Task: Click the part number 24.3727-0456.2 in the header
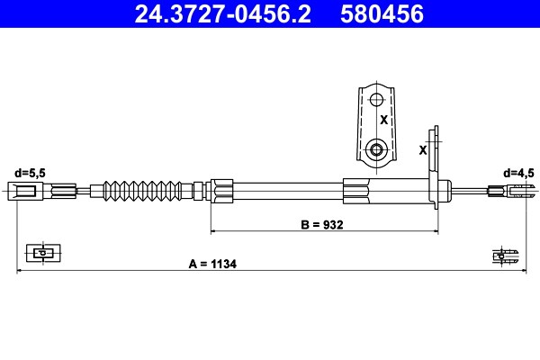[x=223, y=13]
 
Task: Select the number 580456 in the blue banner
[x=382, y=13]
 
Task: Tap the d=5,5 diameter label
[x=30, y=173]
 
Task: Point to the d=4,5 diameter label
[x=519, y=173]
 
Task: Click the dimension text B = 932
[x=322, y=225]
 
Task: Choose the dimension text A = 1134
[x=212, y=264]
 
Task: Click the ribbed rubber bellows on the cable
[x=142, y=191]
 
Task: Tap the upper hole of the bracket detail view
[x=377, y=100]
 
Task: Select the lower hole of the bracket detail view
[x=376, y=150]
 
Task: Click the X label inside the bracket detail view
[x=383, y=120]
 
